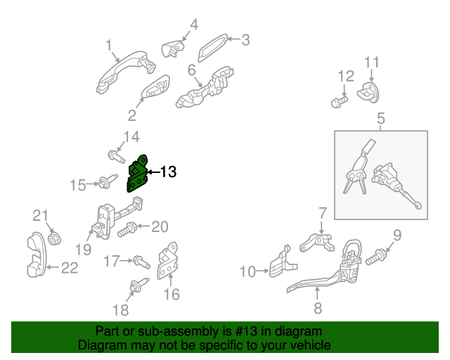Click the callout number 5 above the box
(380, 119)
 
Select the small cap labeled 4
(172, 49)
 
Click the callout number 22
(69, 267)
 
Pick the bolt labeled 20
(130, 228)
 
